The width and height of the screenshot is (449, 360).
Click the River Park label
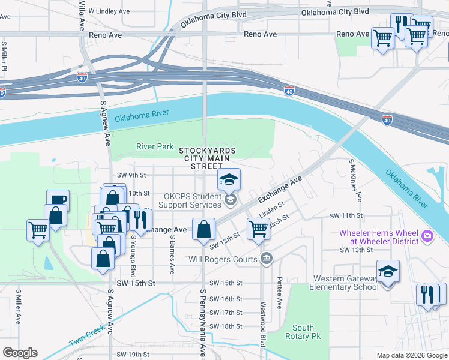[155, 146]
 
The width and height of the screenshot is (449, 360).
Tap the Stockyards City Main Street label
[206, 158]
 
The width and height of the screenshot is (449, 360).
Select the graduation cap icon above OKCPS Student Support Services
[229, 179]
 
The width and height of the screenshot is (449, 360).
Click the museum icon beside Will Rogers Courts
[267, 259]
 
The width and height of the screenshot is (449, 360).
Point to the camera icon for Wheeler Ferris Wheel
[427, 236]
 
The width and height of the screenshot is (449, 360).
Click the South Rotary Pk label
[303, 332]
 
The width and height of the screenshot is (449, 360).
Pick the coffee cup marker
[58, 200]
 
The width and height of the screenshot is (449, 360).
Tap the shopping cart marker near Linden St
[258, 228]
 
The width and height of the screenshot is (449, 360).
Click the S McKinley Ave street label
[355, 179]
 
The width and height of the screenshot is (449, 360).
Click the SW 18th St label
[226, 326]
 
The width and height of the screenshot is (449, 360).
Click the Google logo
[20, 353]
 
